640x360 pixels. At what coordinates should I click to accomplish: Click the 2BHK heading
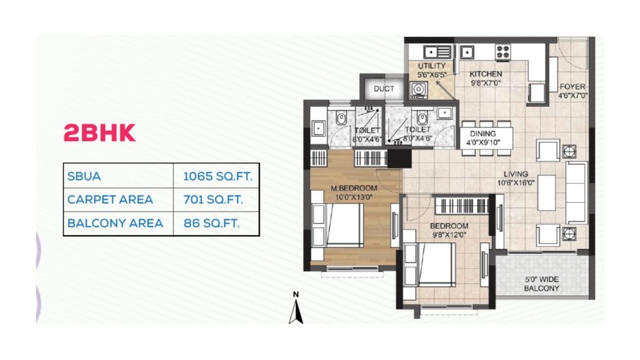pos(99,132)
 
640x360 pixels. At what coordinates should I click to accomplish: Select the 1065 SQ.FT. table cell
pos(217,176)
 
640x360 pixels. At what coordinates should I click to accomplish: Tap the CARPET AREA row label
pos(110,199)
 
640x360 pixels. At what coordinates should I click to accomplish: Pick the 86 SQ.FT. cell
pos(211,223)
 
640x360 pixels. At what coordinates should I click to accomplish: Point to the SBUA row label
pos(84,176)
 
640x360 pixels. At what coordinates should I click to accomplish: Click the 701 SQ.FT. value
pos(213,199)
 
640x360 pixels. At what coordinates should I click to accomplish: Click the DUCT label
pos(384,89)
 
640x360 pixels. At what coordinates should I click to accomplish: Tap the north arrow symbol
pos(296,308)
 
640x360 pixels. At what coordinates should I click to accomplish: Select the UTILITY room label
pos(431,66)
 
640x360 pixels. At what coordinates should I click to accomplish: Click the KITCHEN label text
pos(486,74)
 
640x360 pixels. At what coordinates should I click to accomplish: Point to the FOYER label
pos(572,86)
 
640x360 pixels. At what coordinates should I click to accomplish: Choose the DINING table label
pos(483,134)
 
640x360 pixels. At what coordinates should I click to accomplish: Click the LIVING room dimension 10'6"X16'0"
pos(516,183)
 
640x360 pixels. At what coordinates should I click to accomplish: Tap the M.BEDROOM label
pos(354,188)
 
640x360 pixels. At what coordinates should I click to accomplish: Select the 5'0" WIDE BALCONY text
pos(542,284)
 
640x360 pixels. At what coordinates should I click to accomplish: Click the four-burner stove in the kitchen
pos(503,52)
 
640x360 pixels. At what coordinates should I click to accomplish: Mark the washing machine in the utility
pos(418,89)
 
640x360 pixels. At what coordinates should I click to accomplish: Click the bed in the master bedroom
pos(338,225)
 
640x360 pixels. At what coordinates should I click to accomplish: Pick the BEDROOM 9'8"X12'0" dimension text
pos(449,235)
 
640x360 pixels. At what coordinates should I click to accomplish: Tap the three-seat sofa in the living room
pos(576,192)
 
